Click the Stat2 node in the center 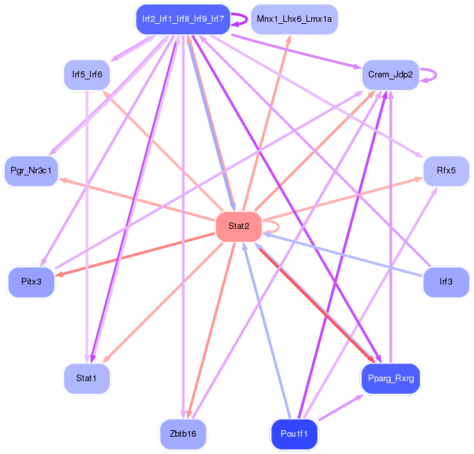(239, 226)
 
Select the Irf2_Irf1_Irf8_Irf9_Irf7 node (182, 20)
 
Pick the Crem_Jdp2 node (391, 75)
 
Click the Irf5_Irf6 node (87, 75)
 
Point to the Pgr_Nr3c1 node (31, 171)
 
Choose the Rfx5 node (446, 171)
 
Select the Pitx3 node (31, 281)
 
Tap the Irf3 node (446, 281)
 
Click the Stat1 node (87, 379)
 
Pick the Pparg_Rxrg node (391, 379)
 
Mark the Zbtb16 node (183, 433)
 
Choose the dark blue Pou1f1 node (295, 433)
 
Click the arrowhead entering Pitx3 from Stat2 (58, 273)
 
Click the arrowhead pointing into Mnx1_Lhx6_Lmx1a (288, 38)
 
